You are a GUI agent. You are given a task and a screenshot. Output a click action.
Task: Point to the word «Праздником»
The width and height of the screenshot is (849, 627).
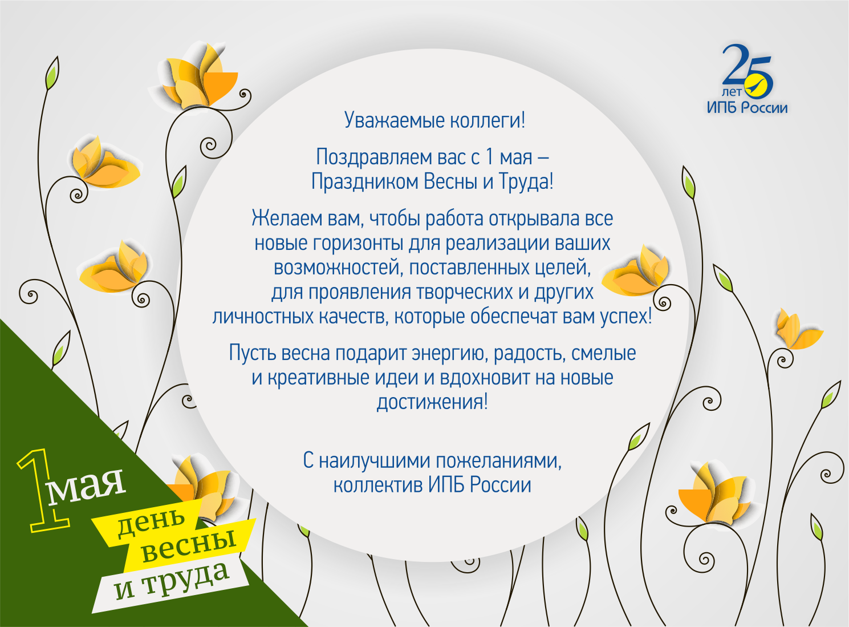pyautogui.click(x=364, y=181)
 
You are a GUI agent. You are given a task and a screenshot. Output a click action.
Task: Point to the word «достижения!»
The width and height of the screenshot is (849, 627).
pyautogui.click(x=432, y=402)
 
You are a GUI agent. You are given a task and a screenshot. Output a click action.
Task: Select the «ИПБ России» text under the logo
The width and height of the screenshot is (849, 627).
pyautogui.click(x=747, y=107)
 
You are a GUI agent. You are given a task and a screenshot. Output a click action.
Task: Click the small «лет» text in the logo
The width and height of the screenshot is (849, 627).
pyautogui.click(x=732, y=92)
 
